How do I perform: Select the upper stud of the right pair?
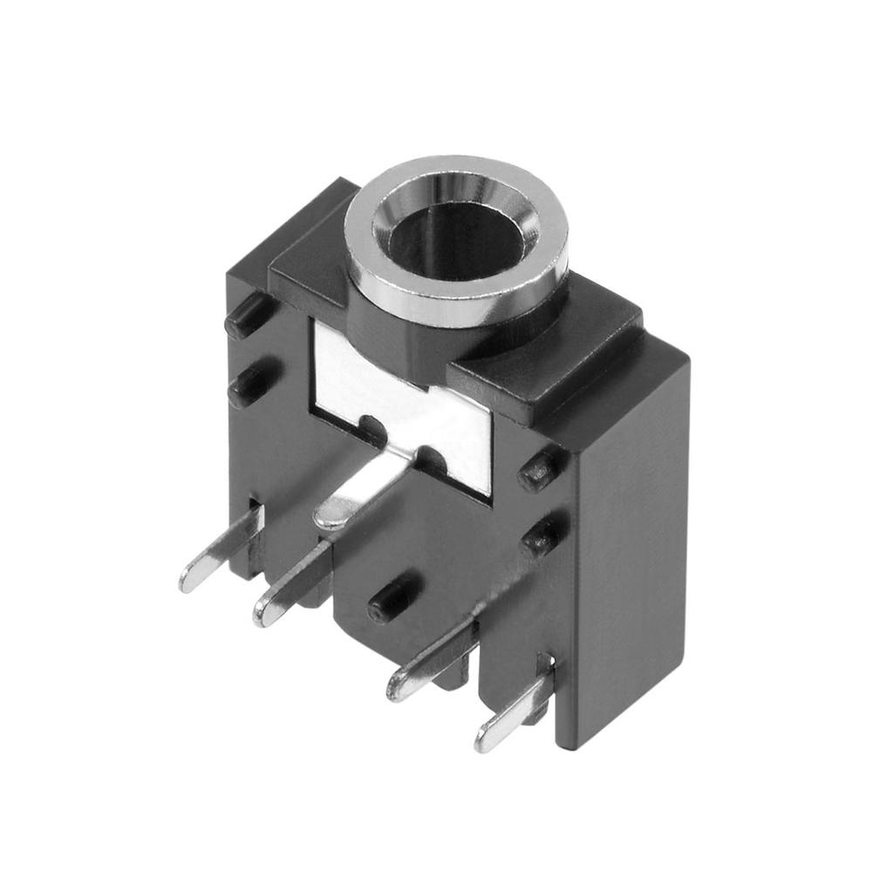tap(539, 471)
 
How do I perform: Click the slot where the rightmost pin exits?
tap(545, 671)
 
